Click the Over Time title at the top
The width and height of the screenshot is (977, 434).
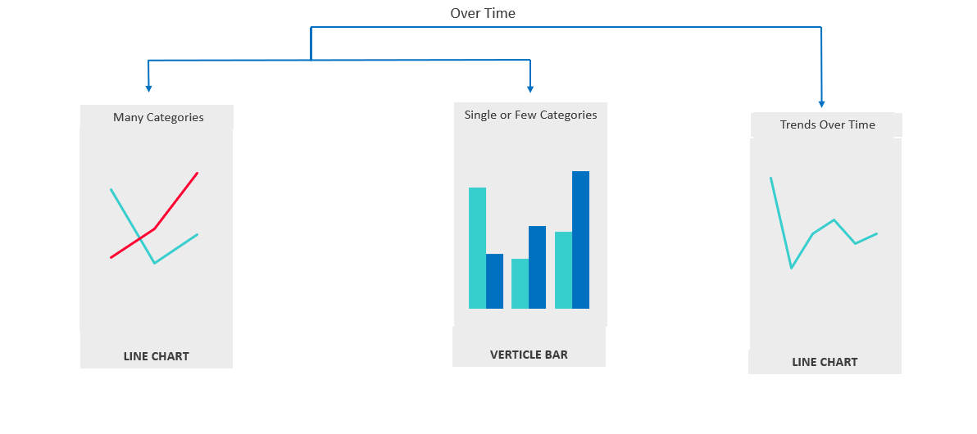tap(483, 13)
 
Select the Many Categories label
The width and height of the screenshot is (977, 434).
tap(158, 117)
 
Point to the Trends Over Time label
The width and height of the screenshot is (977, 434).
tap(828, 124)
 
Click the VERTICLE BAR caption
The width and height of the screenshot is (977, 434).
tap(529, 355)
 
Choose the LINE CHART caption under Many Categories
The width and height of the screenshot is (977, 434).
tap(156, 357)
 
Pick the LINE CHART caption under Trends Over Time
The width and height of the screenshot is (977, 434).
tap(825, 362)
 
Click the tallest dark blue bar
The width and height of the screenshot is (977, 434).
tap(581, 240)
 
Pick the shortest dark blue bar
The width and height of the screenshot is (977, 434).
tap(495, 281)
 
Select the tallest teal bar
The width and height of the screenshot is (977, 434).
tap(477, 248)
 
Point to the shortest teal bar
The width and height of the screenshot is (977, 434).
tap(520, 283)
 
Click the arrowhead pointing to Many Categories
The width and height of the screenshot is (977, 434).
tap(148, 88)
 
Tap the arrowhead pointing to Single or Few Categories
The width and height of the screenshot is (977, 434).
tap(529, 88)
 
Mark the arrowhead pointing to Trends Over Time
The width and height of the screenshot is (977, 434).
tap(822, 104)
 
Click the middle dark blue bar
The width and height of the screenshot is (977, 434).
tap(537, 267)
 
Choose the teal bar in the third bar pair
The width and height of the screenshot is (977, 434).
tap(563, 270)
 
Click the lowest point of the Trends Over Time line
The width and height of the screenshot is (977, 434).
tap(791, 268)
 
